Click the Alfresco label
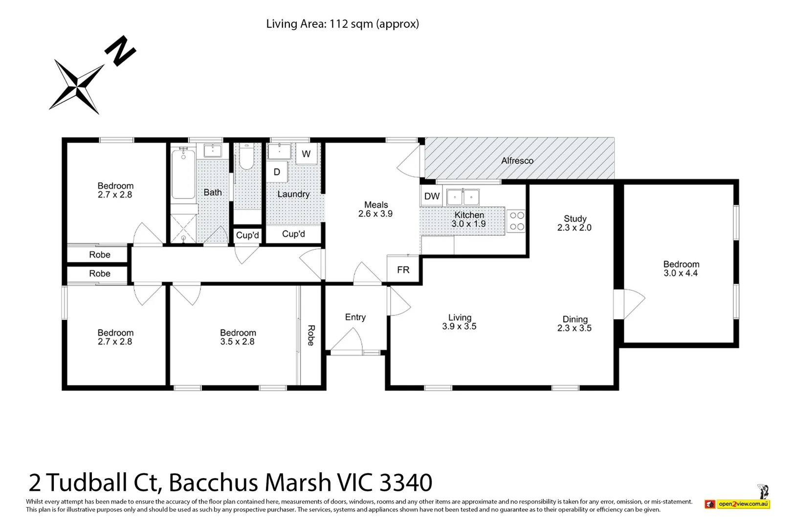517,160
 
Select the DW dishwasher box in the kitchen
432,197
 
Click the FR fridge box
403,269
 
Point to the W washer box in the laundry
306,154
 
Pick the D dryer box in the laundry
277,172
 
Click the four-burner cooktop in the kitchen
517,221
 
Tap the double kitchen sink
462,197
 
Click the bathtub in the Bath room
183,174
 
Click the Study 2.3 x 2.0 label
574,223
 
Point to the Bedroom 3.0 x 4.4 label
681,268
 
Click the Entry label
355,317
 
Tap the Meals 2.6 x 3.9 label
375,209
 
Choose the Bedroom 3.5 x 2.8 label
238,337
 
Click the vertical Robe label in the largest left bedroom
310,335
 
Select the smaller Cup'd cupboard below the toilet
247,235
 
